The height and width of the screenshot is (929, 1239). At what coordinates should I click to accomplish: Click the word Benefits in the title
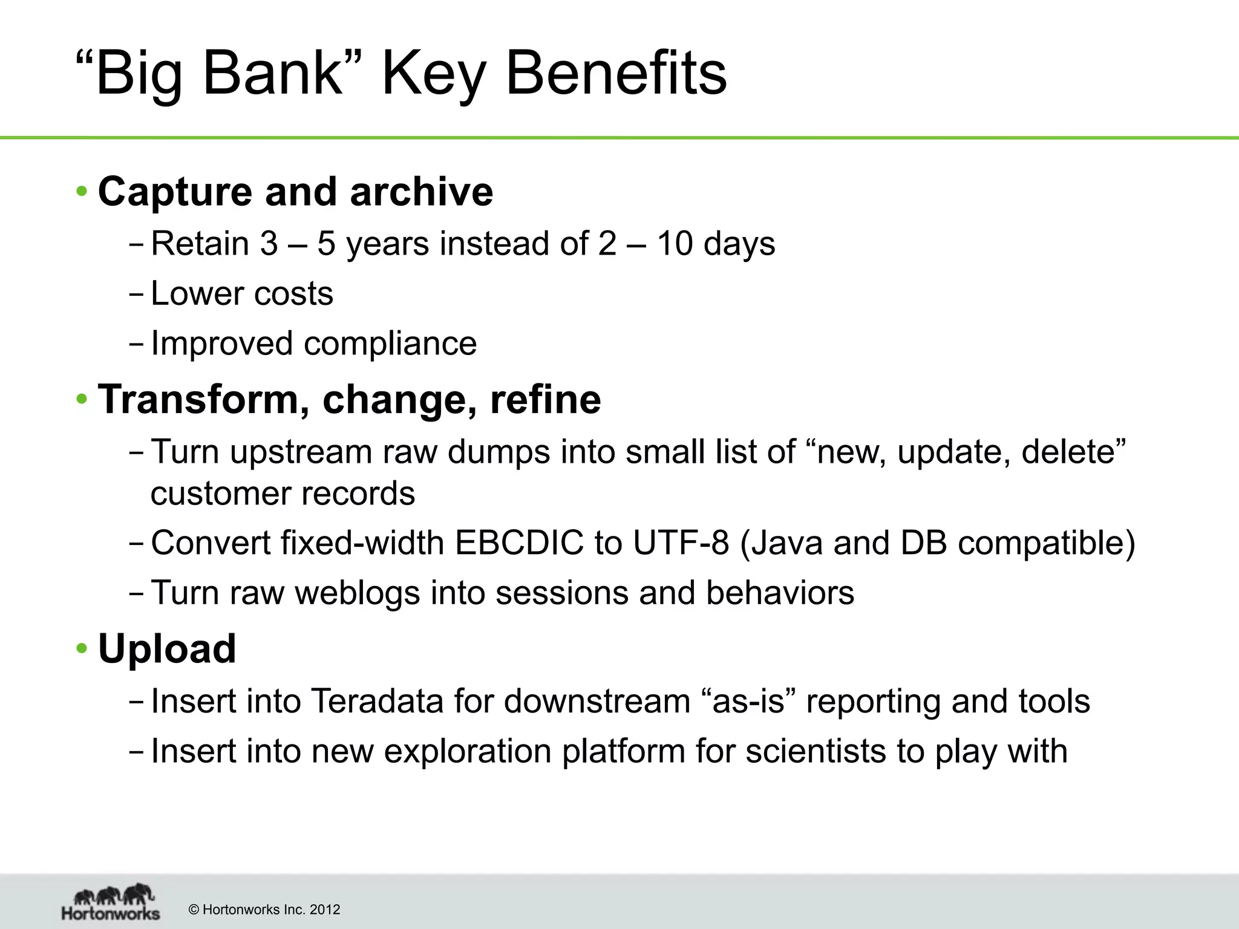pos(616,74)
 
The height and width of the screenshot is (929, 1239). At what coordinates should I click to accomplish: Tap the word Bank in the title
pos(272,74)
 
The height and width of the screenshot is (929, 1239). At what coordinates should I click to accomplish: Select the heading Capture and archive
pos(295,192)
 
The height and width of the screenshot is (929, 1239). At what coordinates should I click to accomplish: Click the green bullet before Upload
pos(82,649)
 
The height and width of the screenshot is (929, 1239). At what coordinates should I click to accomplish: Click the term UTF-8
pos(681,543)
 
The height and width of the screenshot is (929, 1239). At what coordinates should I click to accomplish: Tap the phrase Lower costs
pos(241,294)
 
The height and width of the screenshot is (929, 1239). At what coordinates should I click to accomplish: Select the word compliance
pos(390,344)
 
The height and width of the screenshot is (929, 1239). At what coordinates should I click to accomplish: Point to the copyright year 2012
pos(325,910)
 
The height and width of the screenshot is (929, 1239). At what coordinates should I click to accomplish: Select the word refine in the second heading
pos(545,400)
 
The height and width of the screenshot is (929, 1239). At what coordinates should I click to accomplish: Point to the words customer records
pos(283,494)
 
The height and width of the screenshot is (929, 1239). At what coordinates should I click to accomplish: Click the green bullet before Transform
pos(82,400)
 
